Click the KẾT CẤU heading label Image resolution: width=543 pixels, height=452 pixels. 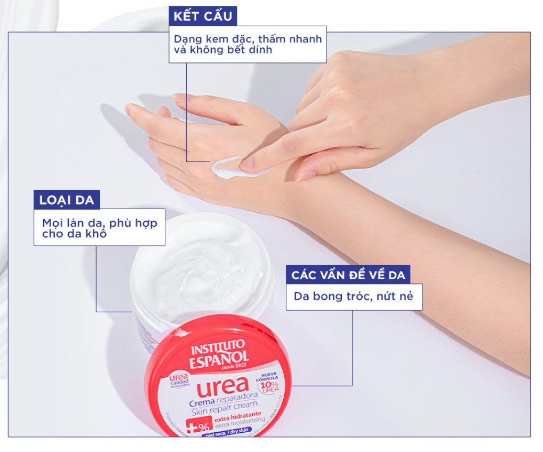pyautogui.click(x=203, y=16)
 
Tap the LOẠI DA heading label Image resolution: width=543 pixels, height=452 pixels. pyautogui.click(x=67, y=201)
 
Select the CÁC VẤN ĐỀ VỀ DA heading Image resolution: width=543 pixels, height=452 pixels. pyautogui.click(x=348, y=275)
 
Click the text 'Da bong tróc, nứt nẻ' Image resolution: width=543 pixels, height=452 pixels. pyautogui.click(x=354, y=296)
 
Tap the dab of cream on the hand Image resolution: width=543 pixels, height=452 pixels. pyautogui.click(x=227, y=166)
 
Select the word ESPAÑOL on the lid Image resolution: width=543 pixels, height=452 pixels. pyautogui.click(x=219, y=358)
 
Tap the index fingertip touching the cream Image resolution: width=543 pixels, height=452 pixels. pyautogui.click(x=246, y=164)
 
